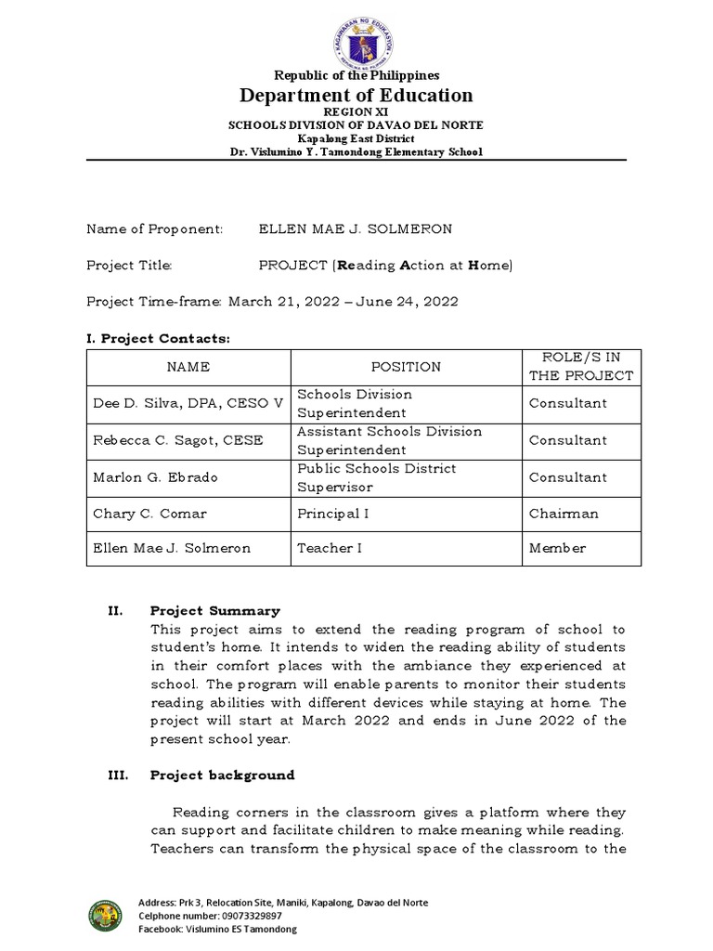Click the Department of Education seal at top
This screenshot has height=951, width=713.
click(356, 35)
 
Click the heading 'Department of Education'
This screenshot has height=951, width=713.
click(356, 95)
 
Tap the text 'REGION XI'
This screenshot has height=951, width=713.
click(356, 111)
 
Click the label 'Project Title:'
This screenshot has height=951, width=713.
click(129, 265)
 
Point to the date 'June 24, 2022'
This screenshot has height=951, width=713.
click(413, 302)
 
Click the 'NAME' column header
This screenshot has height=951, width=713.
click(188, 367)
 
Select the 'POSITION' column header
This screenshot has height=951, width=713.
click(406, 367)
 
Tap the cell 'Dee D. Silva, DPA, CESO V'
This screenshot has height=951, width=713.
click(188, 403)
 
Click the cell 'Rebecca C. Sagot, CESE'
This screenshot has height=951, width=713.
click(177, 440)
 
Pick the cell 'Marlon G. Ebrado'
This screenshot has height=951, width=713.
click(155, 477)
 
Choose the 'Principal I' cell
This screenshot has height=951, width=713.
click(330, 513)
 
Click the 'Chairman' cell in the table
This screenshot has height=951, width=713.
click(564, 513)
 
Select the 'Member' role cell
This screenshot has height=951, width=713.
click(557, 548)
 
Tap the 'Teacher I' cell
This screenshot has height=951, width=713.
click(330, 548)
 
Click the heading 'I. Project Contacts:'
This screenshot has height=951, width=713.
click(157, 339)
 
